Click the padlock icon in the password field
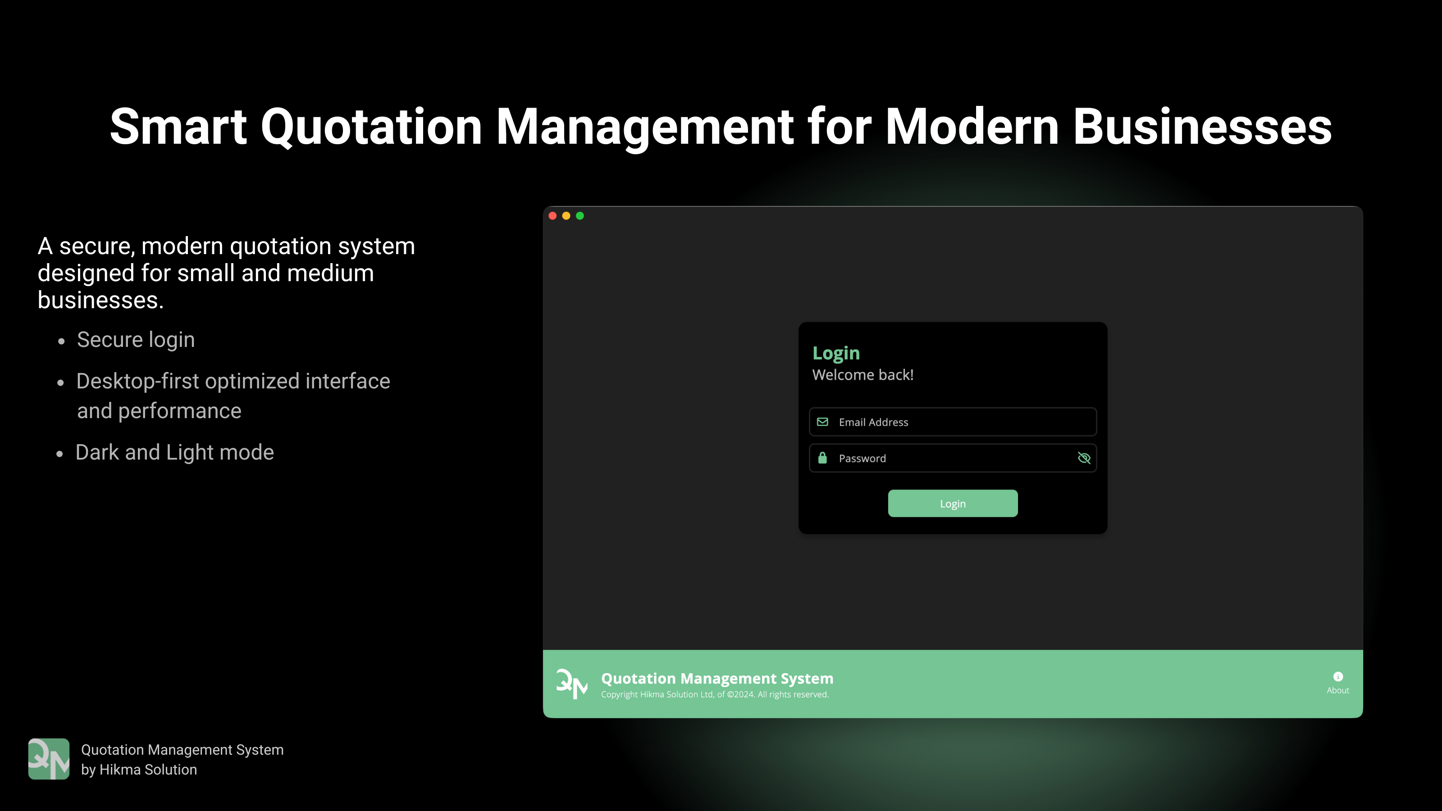822,458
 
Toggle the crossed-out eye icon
1084,458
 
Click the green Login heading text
836,353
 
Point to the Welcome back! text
862,375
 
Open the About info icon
1338,677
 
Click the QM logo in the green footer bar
571,684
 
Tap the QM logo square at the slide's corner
49,759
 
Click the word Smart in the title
178,127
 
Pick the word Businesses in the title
1202,127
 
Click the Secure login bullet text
136,340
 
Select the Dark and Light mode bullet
175,452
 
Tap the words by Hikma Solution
139,770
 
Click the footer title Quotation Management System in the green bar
717,679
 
